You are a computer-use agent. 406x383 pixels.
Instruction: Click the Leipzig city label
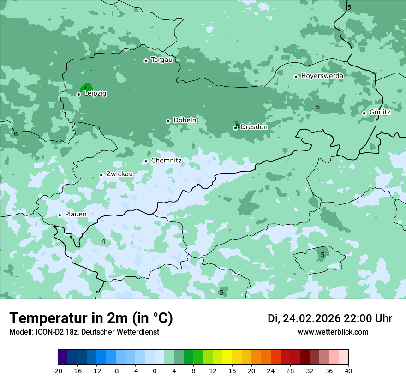(x=95, y=94)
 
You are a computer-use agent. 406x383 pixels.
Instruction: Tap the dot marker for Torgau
(x=146, y=60)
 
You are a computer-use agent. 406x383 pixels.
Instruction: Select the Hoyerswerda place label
(x=322, y=76)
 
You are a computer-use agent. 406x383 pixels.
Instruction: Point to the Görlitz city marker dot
(x=364, y=113)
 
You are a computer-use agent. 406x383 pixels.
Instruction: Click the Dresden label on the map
(x=254, y=127)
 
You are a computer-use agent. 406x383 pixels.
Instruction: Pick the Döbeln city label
(x=185, y=120)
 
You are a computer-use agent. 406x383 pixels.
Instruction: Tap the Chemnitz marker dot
(x=146, y=161)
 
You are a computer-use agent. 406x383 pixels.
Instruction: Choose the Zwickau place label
(x=119, y=174)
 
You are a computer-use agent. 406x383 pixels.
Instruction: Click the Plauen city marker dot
(x=60, y=215)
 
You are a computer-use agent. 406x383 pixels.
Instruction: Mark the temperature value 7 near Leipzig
(x=85, y=88)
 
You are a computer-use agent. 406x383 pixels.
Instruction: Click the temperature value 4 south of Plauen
(x=103, y=241)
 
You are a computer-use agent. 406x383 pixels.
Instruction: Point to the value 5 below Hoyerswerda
(x=318, y=107)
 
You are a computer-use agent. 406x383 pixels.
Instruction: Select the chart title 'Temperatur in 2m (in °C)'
(x=91, y=318)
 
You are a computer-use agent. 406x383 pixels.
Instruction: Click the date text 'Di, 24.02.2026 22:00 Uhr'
(x=330, y=318)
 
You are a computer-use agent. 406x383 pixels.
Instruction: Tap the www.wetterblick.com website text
(x=333, y=332)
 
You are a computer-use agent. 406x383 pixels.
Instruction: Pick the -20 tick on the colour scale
(x=58, y=371)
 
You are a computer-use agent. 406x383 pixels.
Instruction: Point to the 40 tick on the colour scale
(x=348, y=371)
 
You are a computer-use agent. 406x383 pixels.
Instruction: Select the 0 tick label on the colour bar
(x=155, y=371)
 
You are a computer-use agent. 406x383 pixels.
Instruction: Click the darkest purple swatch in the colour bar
(x=62, y=357)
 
